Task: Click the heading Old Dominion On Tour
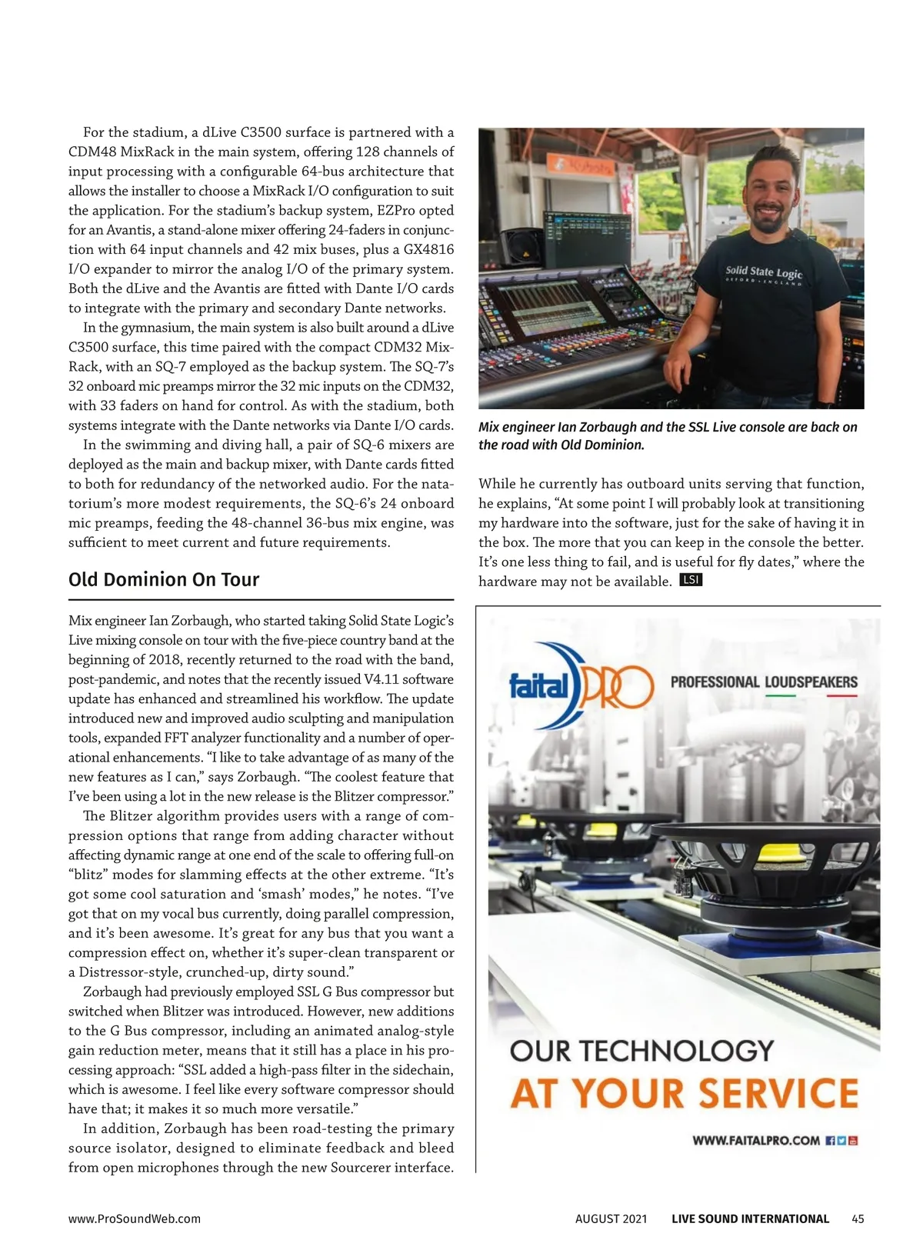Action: pyautogui.click(x=164, y=579)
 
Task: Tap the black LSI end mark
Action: pyautogui.click(x=691, y=580)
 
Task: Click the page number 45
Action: pyautogui.click(x=858, y=1218)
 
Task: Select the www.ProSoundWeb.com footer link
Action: pyautogui.click(x=135, y=1218)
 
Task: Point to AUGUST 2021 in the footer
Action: pyautogui.click(x=611, y=1218)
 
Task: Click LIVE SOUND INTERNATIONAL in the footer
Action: pyautogui.click(x=750, y=1218)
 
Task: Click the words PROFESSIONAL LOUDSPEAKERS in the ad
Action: pyautogui.click(x=764, y=682)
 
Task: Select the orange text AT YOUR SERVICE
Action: pyautogui.click(x=684, y=1093)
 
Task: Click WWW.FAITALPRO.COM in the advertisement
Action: pyautogui.click(x=756, y=1140)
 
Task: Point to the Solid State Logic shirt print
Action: pyautogui.click(x=763, y=274)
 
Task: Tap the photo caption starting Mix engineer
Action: pyautogui.click(x=668, y=435)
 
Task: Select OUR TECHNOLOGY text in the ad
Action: pyautogui.click(x=641, y=1051)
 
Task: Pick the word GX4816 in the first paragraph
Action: pyautogui.click(x=428, y=249)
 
